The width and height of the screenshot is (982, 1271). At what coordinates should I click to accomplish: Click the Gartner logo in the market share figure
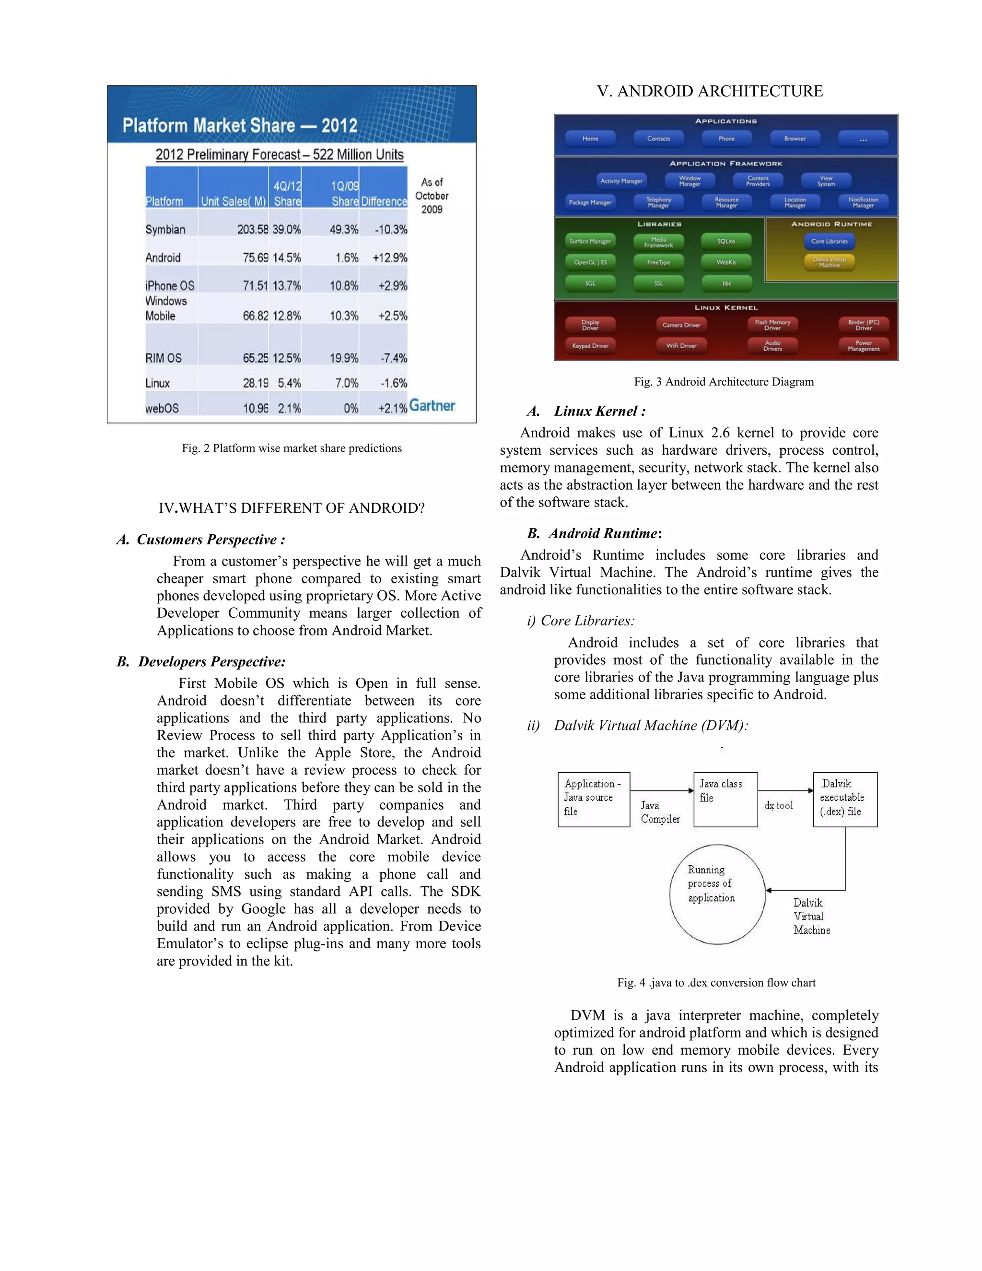[432, 406]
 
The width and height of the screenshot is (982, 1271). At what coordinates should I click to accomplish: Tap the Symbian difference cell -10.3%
[390, 229]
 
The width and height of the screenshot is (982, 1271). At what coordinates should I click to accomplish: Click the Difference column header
[384, 201]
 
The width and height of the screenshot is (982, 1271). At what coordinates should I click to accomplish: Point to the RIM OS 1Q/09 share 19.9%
[344, 358]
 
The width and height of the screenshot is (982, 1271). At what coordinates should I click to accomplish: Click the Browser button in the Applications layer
[795, 139]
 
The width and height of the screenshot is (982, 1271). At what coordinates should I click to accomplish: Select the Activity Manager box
[621, 181]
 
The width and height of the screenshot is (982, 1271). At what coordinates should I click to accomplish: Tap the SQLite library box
[726, 241]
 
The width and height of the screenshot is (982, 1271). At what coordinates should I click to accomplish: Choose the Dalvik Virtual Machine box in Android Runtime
[829, 262]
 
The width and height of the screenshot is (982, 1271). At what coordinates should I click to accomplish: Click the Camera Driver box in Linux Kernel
[681, 325]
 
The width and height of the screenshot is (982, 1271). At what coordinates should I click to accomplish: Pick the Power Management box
[863, 346]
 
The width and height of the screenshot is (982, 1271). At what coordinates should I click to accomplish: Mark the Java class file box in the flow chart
[725, 799]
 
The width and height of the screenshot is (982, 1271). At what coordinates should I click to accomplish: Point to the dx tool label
[778, 805]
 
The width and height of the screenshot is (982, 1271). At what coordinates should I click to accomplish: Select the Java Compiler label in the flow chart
[660, 812]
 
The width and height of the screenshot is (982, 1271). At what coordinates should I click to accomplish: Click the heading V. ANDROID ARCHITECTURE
[710, 91]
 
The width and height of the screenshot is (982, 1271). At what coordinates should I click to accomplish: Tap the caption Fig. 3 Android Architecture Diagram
[724, 382]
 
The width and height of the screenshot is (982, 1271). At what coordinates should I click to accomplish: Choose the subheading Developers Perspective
[212, 662]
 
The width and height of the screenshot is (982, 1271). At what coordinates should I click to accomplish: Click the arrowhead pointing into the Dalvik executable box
[810, 790]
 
